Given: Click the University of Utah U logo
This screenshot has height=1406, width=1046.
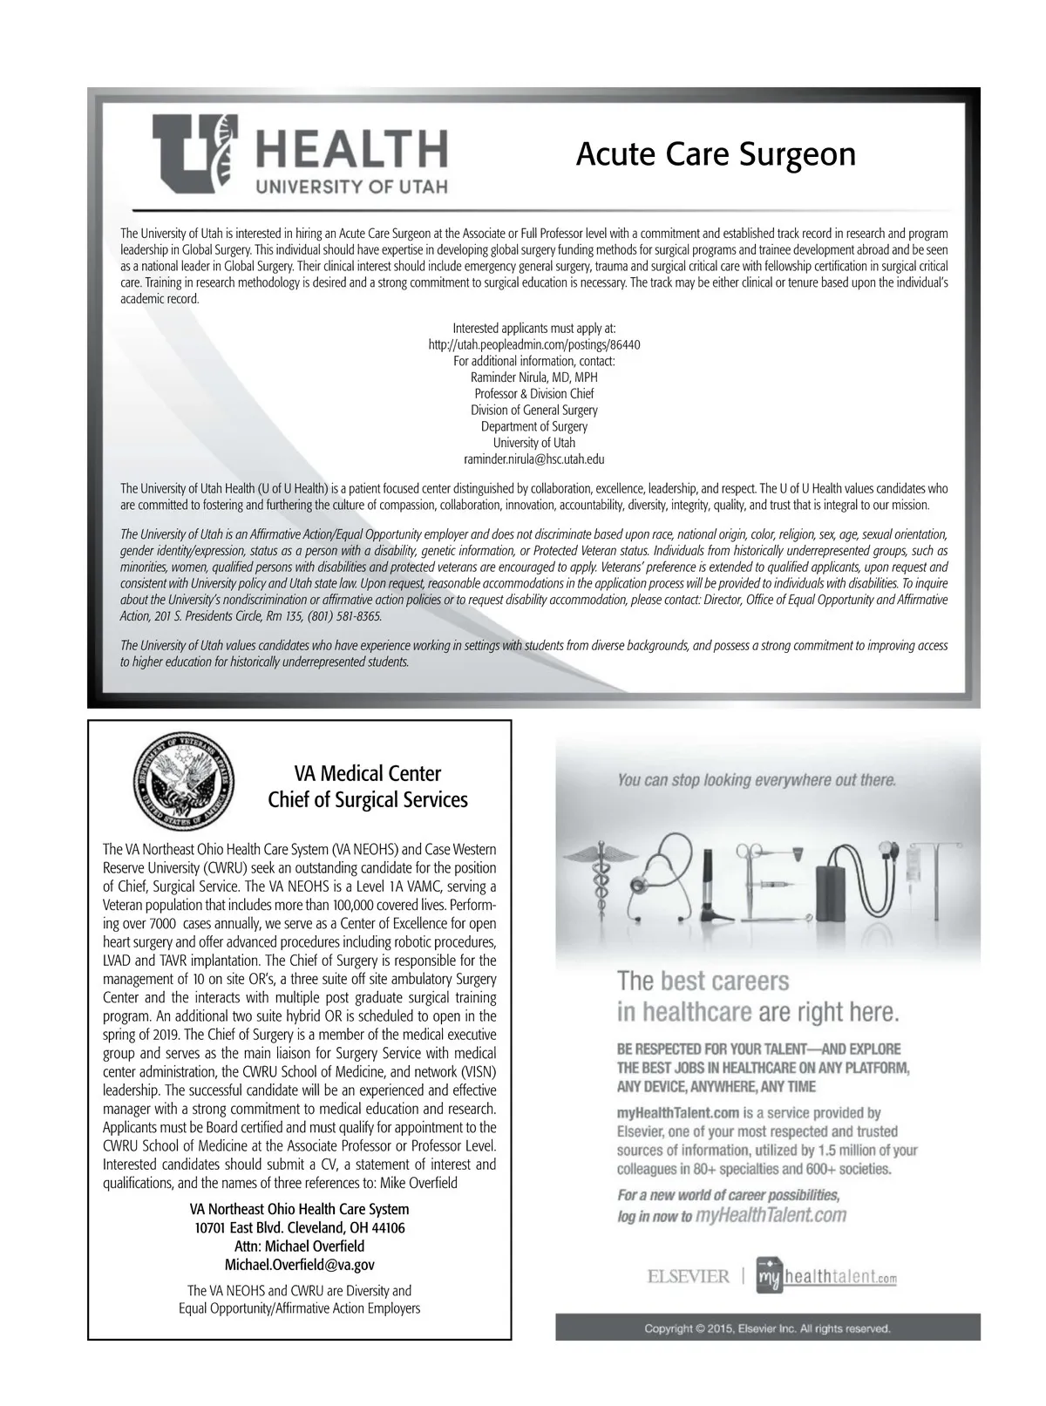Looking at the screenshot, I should (x=194, y=153).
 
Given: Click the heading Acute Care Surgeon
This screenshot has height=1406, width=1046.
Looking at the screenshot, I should (x=716, y=154).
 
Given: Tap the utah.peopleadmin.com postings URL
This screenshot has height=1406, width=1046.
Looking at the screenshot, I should (x=534, y=344).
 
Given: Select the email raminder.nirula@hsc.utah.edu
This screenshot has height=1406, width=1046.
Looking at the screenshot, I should (x=534, y=458).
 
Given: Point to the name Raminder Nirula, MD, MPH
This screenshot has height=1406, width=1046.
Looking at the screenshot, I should (x=534, y=377).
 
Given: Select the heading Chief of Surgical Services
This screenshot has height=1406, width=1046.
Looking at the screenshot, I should (x=367, y=799).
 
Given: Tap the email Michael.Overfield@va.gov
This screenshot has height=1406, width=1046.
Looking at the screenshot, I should (x=300, y=1265).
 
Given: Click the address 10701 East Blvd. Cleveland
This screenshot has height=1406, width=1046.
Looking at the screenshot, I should (x=300, y=1228).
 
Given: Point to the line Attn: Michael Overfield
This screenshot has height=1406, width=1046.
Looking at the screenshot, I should (x=300, y=1246).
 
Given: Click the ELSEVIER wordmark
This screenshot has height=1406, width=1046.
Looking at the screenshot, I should (x=688, y=1277).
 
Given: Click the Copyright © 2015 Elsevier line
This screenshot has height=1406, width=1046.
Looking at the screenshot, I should (x=767, y=1328).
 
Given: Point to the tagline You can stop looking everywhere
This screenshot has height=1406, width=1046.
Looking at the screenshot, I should (x=757, y=779).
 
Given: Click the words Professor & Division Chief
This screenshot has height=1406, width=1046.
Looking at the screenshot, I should (x=534, y=394).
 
